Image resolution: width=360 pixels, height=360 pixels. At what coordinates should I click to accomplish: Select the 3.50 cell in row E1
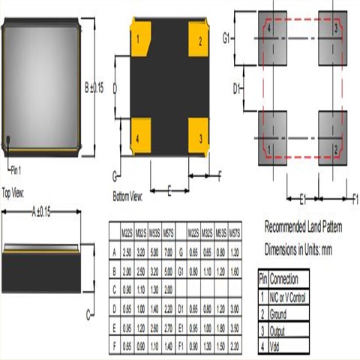coord(235,328)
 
